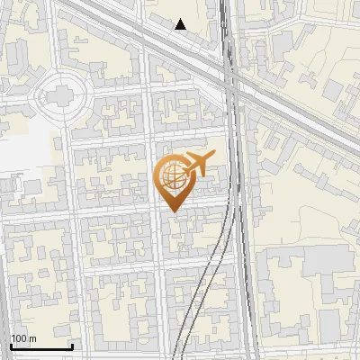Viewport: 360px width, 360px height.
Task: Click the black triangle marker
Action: [181, 24]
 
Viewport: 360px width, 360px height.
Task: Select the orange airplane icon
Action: [198, 165]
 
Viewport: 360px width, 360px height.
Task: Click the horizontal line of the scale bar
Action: [41, 346]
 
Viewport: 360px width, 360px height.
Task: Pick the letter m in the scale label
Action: [32, 338]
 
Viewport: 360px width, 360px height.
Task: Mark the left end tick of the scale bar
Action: [11, 345]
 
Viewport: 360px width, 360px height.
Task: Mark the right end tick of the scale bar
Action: [72, 345]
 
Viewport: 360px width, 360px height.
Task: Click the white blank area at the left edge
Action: [18, 153]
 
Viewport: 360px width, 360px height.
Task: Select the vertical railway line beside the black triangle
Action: [225, 27]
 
